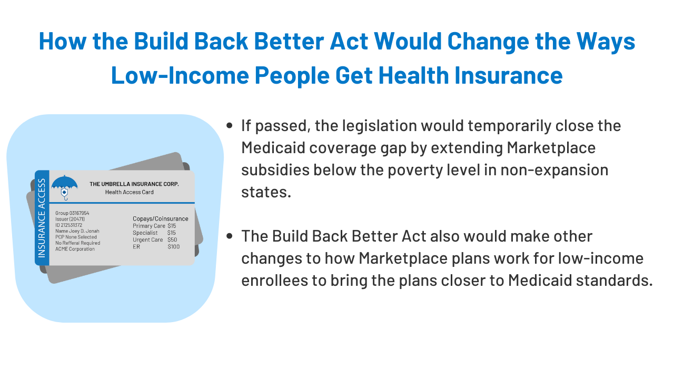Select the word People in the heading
292,75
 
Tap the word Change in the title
488,42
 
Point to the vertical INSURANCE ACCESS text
42,218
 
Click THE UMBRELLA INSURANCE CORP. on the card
134,184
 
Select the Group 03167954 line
72,213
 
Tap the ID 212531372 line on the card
68,225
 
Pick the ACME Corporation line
75,249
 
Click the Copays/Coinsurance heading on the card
161,218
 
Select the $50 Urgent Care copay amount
172,240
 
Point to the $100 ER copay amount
174,247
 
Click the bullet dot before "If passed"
229,125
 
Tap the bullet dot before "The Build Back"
229,236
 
